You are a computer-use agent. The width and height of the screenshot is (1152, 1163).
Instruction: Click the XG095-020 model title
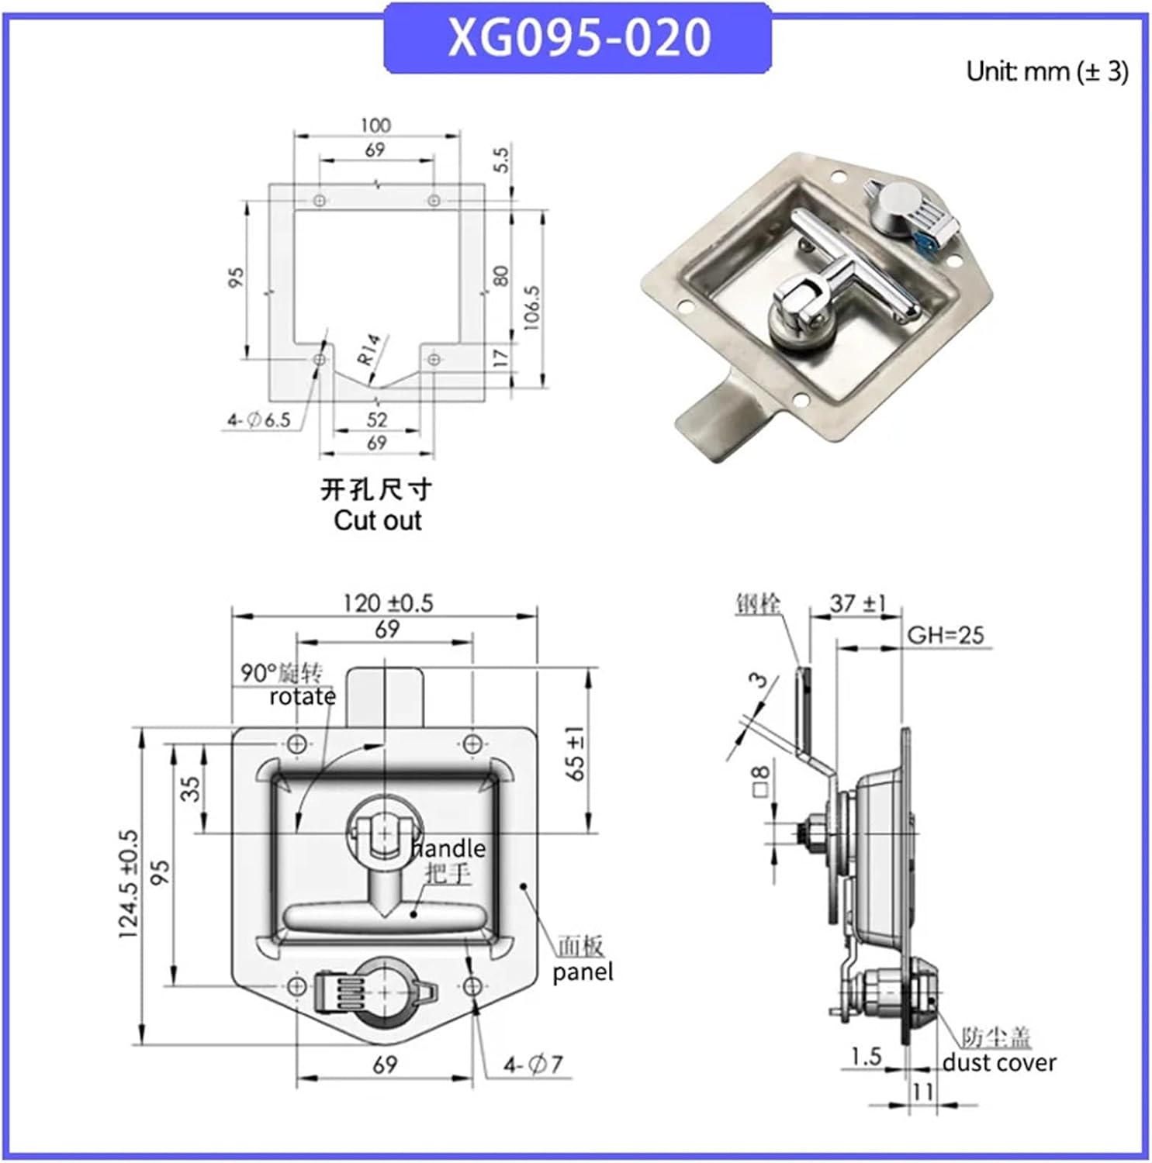(578, 37)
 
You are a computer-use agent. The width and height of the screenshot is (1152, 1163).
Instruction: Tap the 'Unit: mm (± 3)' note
(1046, 71)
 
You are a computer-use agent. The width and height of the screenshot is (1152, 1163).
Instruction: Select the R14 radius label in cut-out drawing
(369, 349)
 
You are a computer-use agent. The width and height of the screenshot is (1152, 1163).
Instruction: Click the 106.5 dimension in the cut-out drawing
(532, 307)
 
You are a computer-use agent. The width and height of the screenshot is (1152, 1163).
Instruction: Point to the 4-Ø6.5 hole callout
(258, 420)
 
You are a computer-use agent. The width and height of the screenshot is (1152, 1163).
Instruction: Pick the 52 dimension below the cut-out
(376, 419)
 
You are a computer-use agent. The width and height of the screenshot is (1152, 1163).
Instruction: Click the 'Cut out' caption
(377, 520)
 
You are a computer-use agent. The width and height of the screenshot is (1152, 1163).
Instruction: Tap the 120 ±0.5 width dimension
(388, 603)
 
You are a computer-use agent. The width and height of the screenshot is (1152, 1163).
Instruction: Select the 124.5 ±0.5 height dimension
(129, 884)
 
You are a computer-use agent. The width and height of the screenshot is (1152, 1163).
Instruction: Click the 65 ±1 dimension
(575, 753)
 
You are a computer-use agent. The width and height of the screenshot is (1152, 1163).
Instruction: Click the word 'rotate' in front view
(302, 697)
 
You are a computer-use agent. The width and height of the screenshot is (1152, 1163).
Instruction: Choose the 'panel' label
(582, 971)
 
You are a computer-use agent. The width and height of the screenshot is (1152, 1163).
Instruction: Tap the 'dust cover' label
(999, 1062)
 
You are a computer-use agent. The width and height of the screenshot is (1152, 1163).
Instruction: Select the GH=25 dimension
(945, 635)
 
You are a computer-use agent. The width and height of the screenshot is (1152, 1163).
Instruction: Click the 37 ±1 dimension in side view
(856, 602)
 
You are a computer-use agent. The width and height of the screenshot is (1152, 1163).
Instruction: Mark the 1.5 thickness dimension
(866, 1056)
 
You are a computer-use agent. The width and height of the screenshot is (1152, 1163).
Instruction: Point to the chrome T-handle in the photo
(853, 264)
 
